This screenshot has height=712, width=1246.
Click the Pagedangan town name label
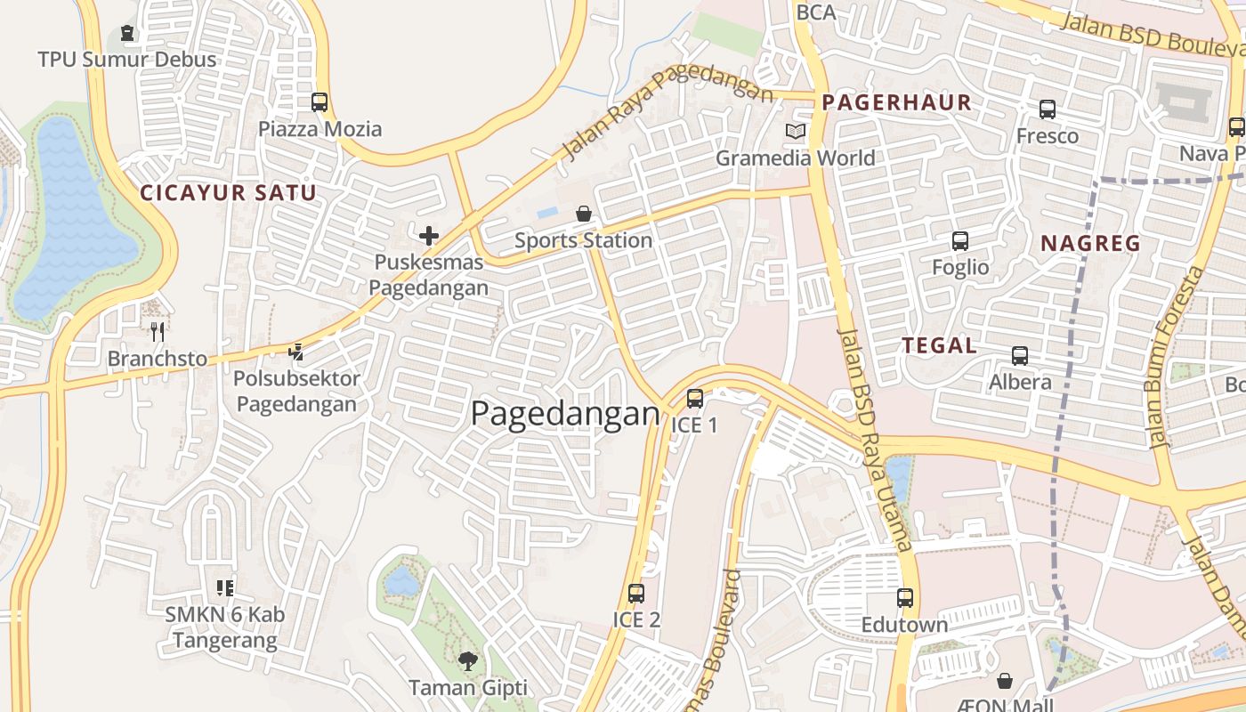pyautogui.click(x=565, y=414)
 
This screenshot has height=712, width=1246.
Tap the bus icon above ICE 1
pyautogui.click(x=695, y=398)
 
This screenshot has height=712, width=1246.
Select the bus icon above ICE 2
pyautogui.click(x=636, y=593)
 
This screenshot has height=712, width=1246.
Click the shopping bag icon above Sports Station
pyautogui.click(x=584, y=214)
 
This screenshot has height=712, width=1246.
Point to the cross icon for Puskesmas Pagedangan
pyautogui.click(x=429, y=236)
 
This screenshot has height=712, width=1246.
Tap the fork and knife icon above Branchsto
pyautogui.click(x=158, y=332)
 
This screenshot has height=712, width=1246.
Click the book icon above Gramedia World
pyautogui.click(x=795, y=132)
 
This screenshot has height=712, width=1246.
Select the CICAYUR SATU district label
pyautogui.click(x=228, y=192)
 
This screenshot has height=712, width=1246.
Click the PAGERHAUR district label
pyautogui.click(x=896, y=102)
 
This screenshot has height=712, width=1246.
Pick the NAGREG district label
pyautogui.click(x=1090, y=243)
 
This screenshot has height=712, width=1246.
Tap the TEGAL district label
pyautogui.click(x=939, y=346)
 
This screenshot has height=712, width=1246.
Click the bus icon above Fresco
pyautogui.click(x=1048, y=109)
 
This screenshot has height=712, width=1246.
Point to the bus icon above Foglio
pyautogui.click(x=960, y=240)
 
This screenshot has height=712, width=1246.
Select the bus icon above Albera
pyautogui.click(x=1020, y=355)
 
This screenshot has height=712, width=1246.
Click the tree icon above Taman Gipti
pyautogui.click(x=468, y=660)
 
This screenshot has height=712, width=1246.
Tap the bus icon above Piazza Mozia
pyautogui.click(x=320, y=102)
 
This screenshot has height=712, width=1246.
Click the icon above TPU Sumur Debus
pyautogui.click(x=127, y=34)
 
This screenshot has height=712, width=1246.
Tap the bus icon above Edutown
pyautogui.click(x=905, y=598)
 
